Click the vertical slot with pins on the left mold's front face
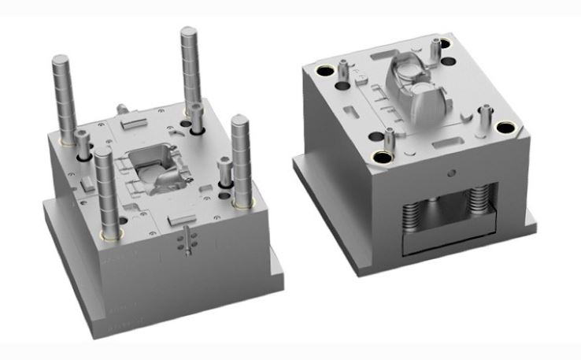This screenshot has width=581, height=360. (x=185, y=240)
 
